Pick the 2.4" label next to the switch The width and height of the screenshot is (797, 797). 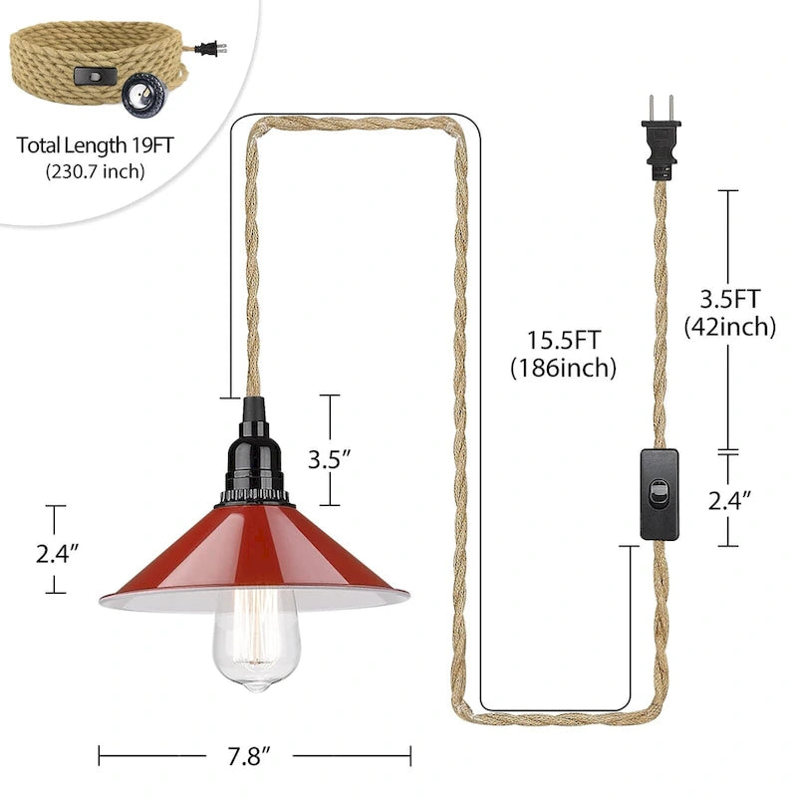(x=730, y=501)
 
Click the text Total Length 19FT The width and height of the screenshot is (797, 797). (x=96, y=145)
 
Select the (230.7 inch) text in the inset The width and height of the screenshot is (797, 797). (x=96, y=170)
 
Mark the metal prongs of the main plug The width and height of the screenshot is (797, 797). (x=662, y=108)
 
